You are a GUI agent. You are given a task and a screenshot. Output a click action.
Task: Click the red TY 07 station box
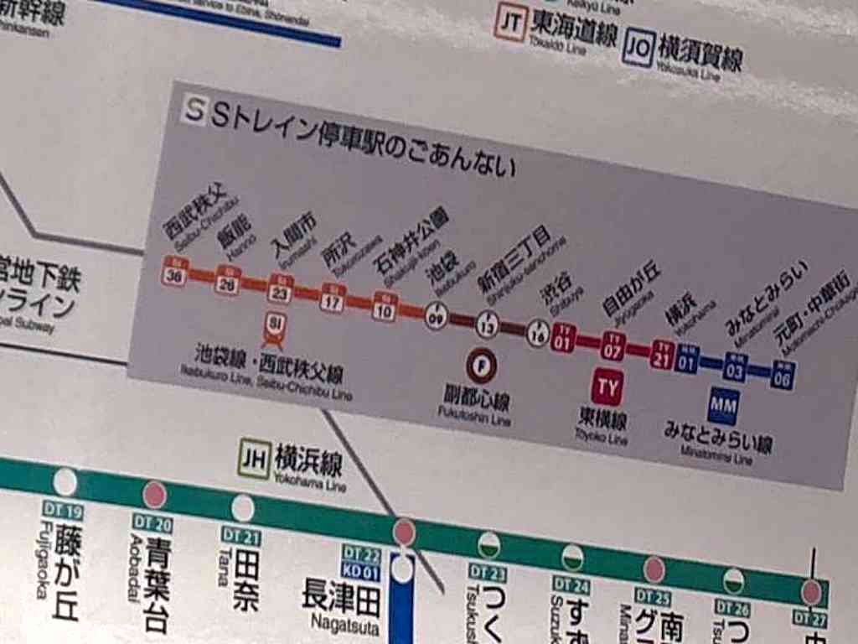pyautogui.click(x=612, y=345)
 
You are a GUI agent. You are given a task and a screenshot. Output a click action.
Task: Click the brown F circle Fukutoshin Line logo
pyautogui.click(x=482, y=366)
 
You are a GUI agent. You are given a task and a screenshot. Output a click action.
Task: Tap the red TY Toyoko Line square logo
pyautogui.click(x=607, y=387)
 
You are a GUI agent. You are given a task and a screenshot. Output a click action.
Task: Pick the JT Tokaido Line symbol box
pyautogui.click(x=509, y=23)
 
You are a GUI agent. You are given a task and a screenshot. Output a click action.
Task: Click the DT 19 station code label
pyautogui.click(x=63, y=511)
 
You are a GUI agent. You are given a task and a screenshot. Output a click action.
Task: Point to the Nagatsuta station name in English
pyautogui.click(x=345, y=624)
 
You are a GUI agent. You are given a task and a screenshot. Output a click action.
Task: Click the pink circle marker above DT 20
pyautogui.click(x=154, y=495)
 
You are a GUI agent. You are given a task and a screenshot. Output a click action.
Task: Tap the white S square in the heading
pyautogui.click(x=194, y=109)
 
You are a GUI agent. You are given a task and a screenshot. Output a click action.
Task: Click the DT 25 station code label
pyautogui.click(x=652, y=597)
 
